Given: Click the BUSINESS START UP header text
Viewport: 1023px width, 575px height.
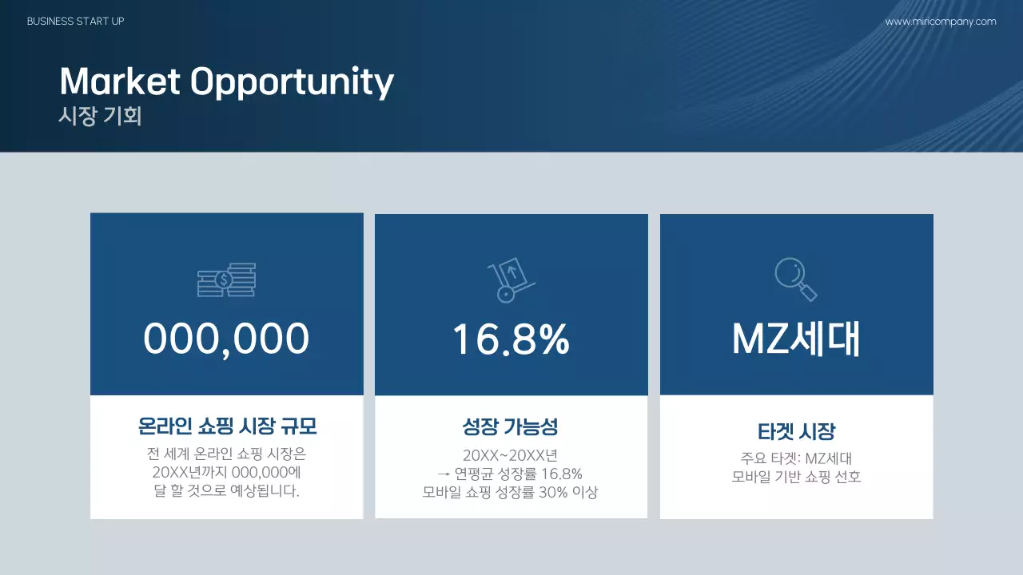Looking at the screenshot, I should [76, 22].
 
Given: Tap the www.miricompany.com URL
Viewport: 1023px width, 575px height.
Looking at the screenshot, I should [941, 22].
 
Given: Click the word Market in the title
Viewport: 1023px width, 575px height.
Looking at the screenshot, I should [121, 81].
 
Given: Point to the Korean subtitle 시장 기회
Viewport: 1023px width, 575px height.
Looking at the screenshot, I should [100, 117].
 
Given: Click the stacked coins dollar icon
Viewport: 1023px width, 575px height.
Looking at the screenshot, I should [226, 280].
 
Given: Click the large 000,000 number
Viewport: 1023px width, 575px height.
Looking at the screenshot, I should [226, 339].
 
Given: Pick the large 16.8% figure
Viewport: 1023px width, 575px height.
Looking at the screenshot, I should [511, 339].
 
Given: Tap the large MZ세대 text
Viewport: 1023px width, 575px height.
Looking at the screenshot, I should [796, 339].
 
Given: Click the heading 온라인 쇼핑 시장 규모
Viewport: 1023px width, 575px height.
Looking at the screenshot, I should [227, 426].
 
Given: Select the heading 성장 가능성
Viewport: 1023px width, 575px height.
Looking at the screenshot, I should [511, 426].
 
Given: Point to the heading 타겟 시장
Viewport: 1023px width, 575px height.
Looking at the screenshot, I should [796, 432].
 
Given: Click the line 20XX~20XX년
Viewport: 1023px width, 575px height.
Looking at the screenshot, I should [511, 456].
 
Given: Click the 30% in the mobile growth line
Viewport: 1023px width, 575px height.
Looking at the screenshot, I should [553, 493].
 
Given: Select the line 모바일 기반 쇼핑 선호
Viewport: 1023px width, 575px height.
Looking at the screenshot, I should [796, 478].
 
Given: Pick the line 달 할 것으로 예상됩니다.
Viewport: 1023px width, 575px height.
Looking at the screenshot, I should [227, 490].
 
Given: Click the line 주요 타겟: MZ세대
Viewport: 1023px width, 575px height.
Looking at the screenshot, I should [796, 458].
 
